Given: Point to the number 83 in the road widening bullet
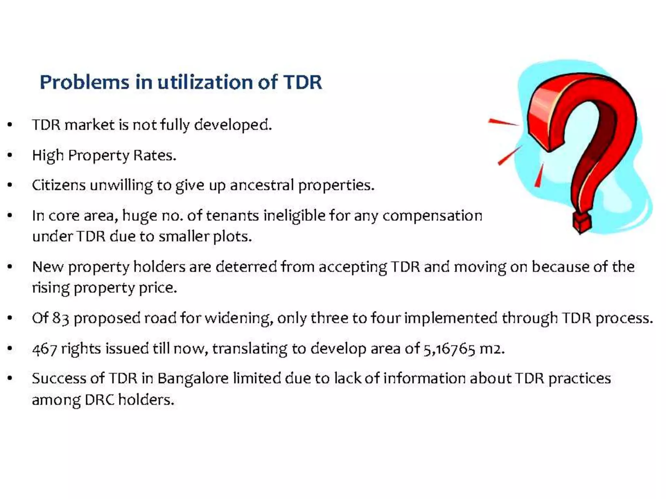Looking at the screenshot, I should pos(60,318).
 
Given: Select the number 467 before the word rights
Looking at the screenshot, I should pos(45,349).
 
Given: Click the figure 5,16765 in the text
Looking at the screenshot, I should pos(449,349).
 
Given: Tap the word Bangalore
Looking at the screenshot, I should pos(193,378).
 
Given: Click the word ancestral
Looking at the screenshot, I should pos(262,185).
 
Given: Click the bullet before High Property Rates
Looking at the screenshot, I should pos(10,155).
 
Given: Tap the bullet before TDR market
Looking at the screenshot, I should pos(10,125).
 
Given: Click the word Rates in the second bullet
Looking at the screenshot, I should pos(154,155).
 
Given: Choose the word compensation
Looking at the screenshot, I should pos(432,215).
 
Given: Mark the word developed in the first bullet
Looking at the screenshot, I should pos(233,125).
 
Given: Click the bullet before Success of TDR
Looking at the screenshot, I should pos(10,378).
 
